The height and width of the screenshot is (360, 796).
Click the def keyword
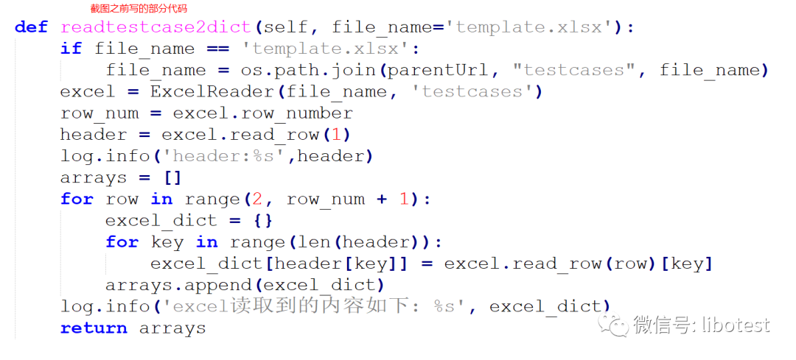click(x=31, y=27)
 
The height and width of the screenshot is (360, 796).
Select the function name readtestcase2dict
click(x=156, y=27)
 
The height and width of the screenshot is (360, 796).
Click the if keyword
click(x=71, y=49)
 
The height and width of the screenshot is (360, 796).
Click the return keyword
click(x=94, y=328)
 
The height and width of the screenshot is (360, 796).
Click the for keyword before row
click(x=77, y=200)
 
